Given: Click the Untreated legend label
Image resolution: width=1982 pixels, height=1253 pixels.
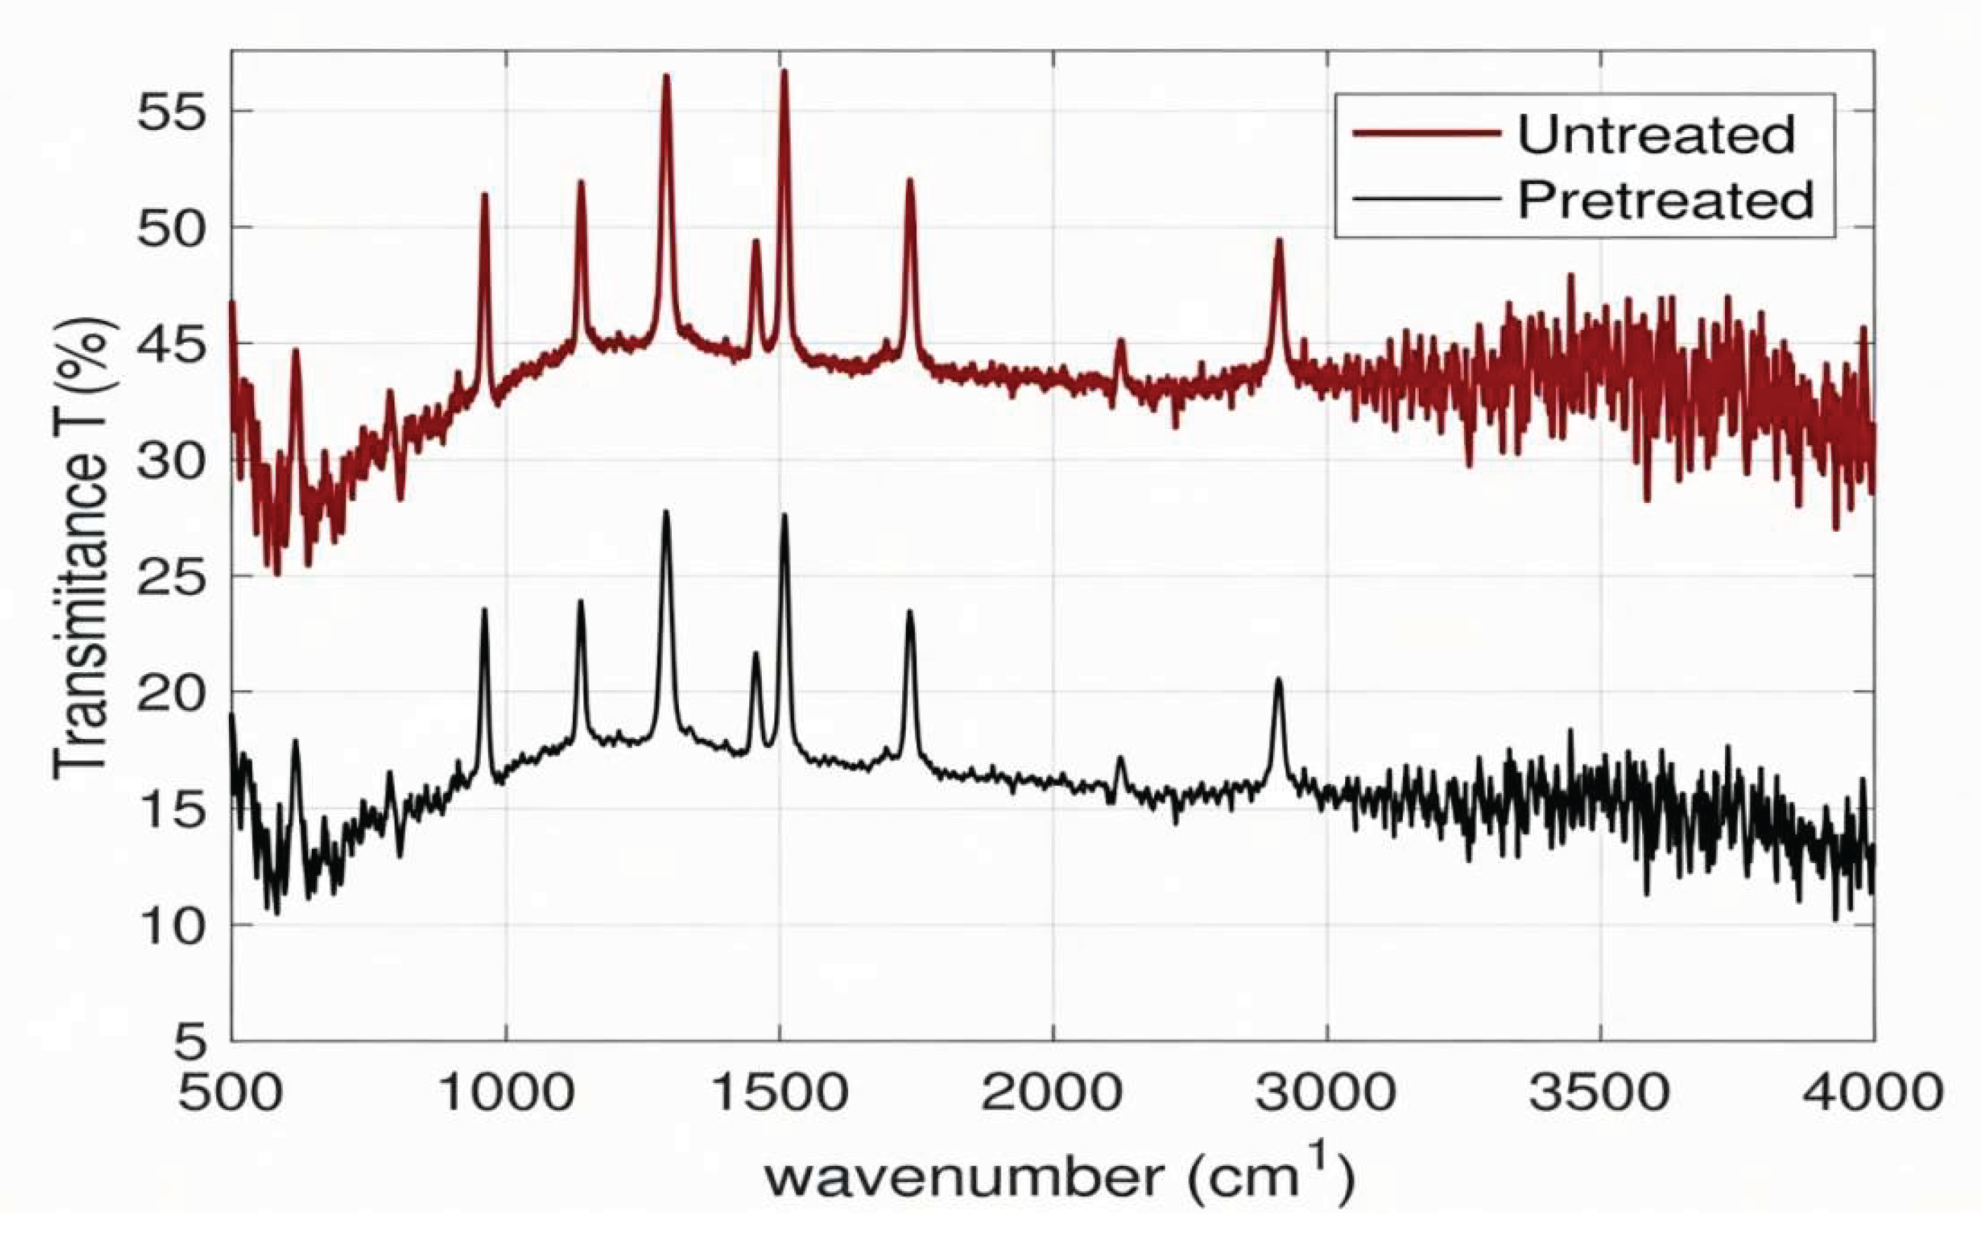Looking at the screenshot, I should point(1656,134).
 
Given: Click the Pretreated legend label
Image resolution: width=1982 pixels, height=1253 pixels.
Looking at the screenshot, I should point(1665,200).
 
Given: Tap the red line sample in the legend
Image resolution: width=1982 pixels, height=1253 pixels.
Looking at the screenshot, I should point(1425,133).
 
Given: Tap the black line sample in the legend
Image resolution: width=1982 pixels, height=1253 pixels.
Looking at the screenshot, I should point(1425,199).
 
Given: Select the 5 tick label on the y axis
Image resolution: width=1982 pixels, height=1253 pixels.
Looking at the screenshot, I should point(191,1042).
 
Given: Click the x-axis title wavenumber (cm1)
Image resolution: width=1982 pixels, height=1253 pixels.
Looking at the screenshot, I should point(1057,1176).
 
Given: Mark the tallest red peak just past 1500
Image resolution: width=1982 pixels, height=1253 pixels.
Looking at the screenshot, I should point(784,72).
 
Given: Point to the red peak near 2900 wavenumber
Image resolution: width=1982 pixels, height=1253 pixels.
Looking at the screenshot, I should point(1279,241).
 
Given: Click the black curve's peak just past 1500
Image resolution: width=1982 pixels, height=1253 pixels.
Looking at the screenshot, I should point(784,516).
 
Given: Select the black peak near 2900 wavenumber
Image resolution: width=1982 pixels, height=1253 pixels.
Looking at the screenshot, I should point(1279,680).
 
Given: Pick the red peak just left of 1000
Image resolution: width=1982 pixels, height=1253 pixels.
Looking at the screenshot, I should point(484,195).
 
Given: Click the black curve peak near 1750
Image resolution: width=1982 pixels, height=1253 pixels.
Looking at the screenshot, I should point(909,612).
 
